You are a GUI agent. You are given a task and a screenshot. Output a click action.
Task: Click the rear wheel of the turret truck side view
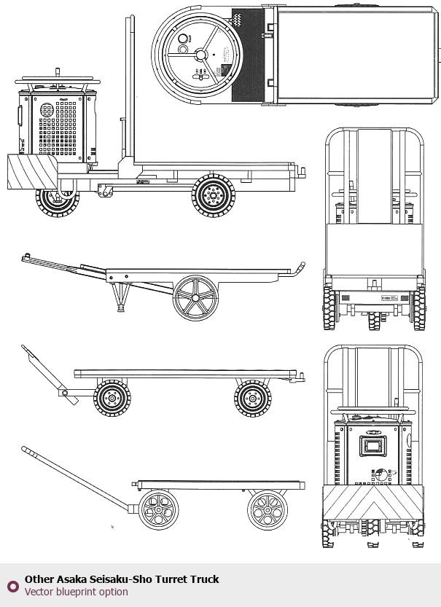coord(214,196)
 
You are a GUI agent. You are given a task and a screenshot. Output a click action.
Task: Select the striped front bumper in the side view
coord(31,172)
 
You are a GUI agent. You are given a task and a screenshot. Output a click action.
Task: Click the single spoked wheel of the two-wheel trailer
coord(195,297)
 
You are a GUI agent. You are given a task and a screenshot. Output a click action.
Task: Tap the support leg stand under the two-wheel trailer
coord(122,296)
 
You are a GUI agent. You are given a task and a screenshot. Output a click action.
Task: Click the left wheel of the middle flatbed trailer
coord(112,399)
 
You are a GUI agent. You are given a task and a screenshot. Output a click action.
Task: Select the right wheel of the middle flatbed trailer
coord(253,399)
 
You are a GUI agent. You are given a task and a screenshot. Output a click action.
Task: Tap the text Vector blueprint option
coord(76,592)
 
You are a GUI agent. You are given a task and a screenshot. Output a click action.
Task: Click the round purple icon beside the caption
coord(12,586)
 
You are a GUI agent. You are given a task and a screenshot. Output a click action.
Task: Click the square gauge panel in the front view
coord(373,446)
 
